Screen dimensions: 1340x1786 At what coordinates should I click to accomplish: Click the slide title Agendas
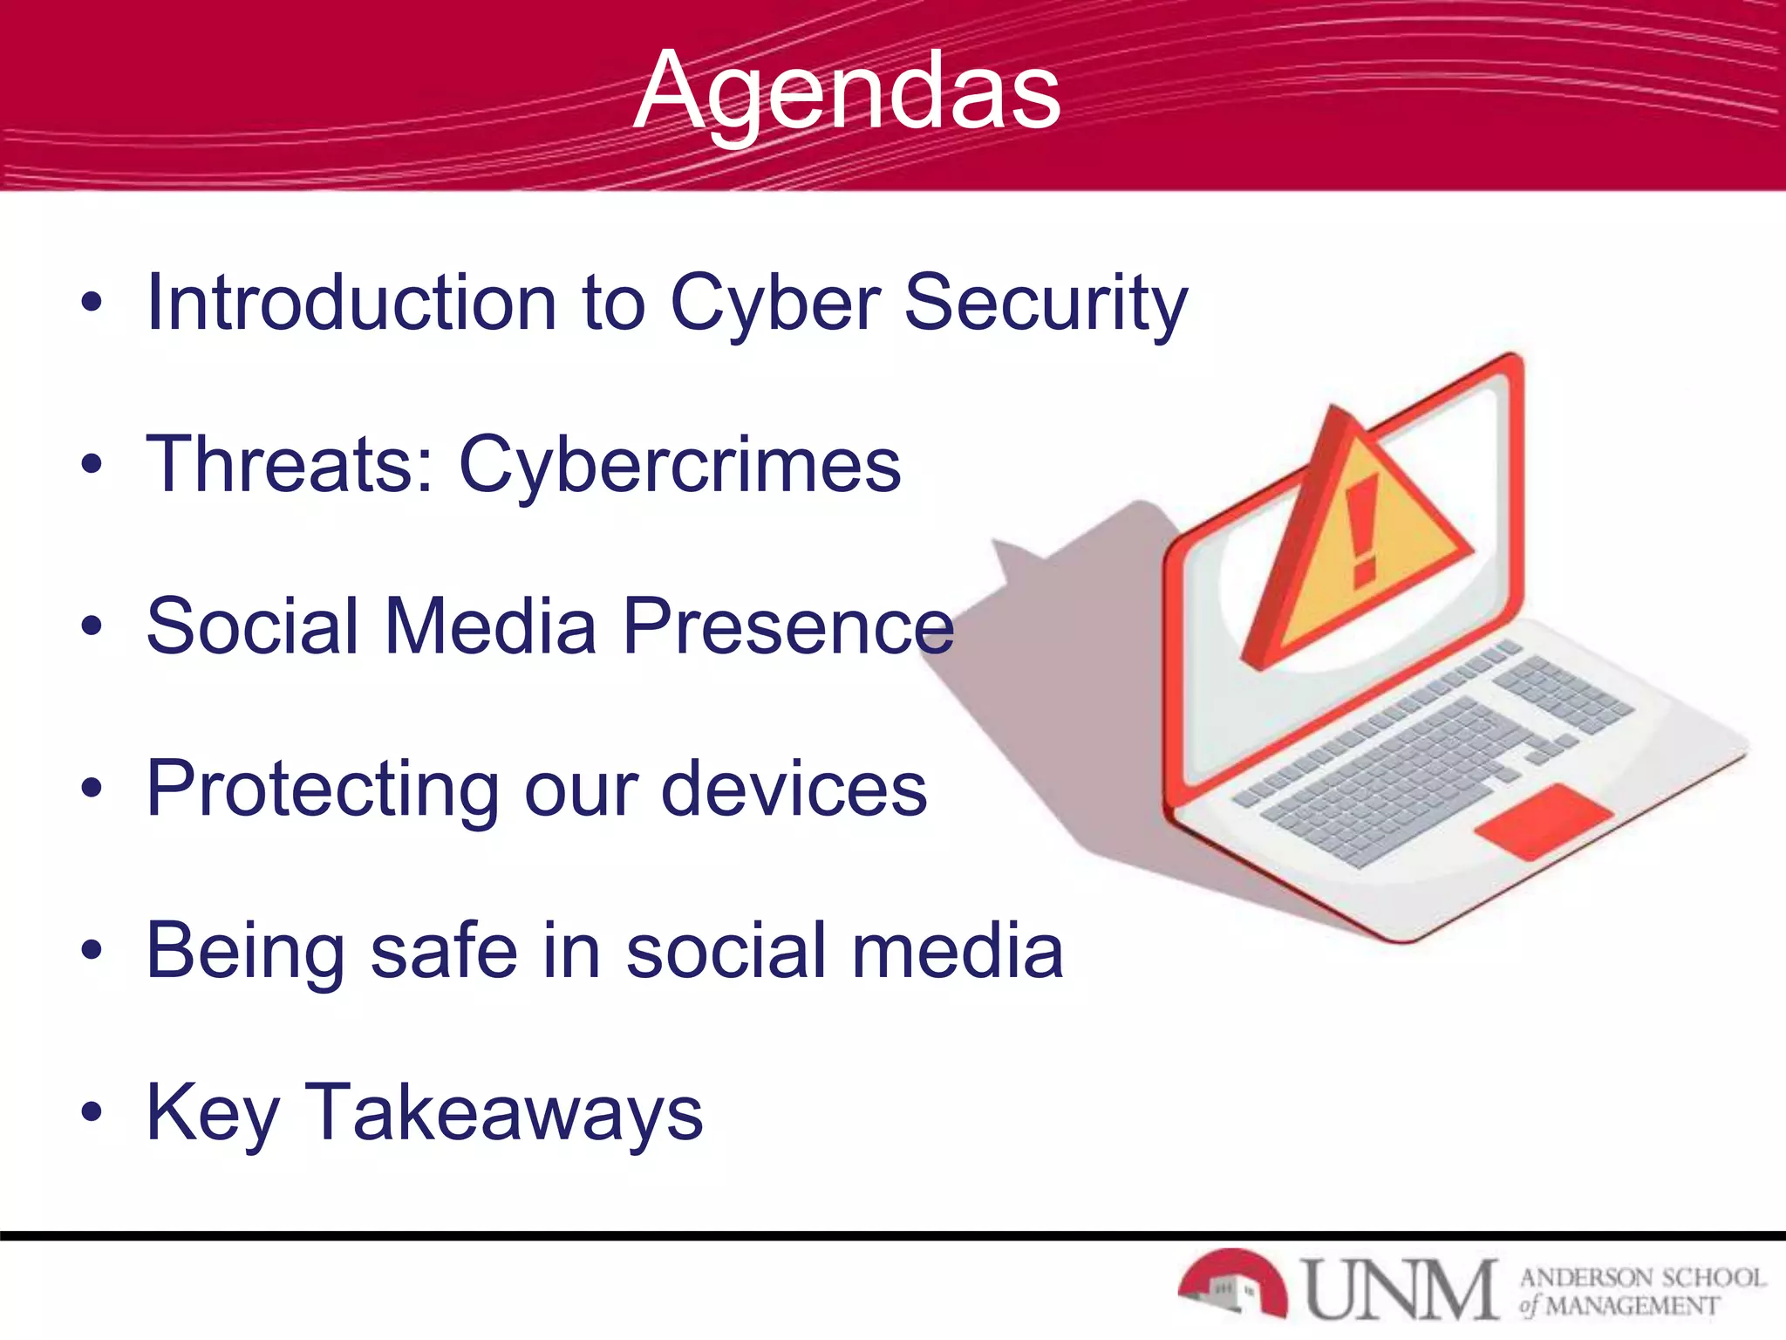pyautogui.click(x=848, y=92)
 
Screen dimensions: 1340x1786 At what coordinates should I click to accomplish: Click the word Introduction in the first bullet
pyautogui.click(x=351, y=303)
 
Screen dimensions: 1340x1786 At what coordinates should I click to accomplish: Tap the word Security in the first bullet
pyautogui.click(x=1046, y=303)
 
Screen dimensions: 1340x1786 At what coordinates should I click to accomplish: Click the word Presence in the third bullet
pyautogui.click(x=788, y=626)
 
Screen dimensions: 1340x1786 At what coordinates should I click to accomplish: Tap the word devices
pyautogui.click(x=794, y=788)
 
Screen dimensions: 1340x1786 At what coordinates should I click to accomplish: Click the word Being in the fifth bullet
pyautogui.click(x=245, y=952)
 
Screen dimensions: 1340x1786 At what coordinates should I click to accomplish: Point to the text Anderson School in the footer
pyautogui.click(x=1642, y=1277)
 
